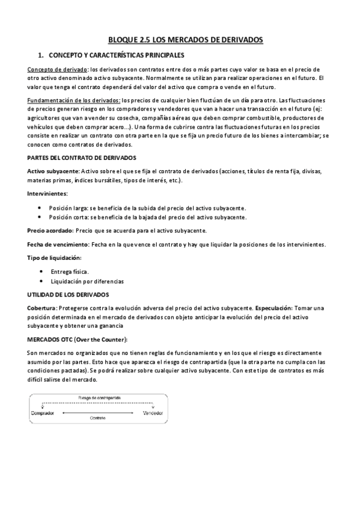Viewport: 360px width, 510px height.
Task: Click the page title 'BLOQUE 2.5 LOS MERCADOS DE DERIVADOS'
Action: [x=185, y=40]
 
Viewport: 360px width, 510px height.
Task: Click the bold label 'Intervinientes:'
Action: [x=47, y=194]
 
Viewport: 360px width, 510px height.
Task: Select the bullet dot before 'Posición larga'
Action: [x=40, y=207]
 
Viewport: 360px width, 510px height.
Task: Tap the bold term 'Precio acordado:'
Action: [x=51, y=230]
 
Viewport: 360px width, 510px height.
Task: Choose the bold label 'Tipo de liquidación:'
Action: [x=54, y=257]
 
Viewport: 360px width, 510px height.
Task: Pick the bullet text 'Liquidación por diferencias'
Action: [x=87, y=281]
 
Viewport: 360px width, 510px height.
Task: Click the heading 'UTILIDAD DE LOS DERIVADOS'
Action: [x=68, y=294]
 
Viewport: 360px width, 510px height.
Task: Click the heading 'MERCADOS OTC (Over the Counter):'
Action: [x=78, y=339]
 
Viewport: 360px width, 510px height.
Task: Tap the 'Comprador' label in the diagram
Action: [x=43, y=413]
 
